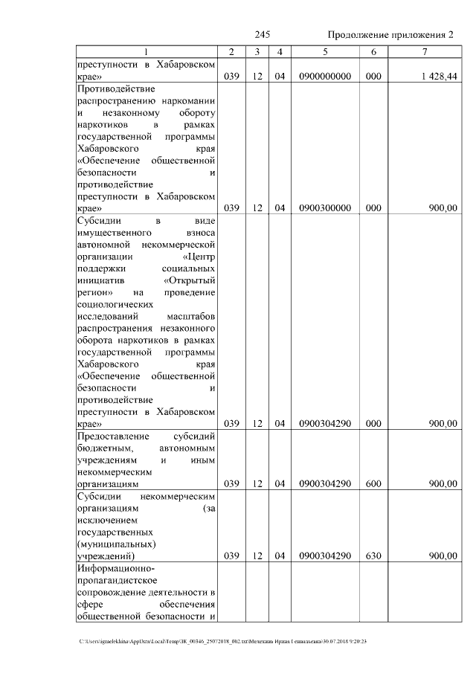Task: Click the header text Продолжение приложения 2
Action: click(390, 36)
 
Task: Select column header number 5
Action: click(325, 52)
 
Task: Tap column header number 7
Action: click(424, 52)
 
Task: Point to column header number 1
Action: click(146, 52)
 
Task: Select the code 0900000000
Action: click(325, 77)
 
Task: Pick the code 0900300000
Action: click(325, 209)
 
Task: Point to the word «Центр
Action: click(199, 256)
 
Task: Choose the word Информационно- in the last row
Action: click(114, 569)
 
